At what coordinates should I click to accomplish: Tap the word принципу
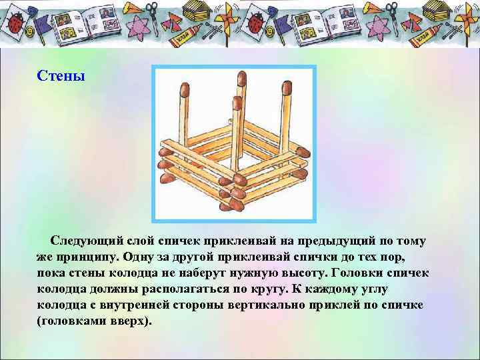[85, 257]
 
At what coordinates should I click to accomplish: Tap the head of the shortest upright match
[236, 102]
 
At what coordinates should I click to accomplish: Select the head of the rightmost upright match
[287, 87]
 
